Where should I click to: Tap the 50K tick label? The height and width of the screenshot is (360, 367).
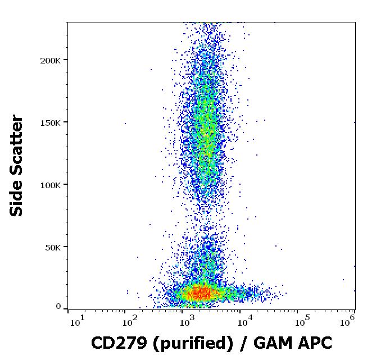click(x=54, y=247)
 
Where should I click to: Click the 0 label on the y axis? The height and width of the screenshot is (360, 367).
click(x=58, y=307)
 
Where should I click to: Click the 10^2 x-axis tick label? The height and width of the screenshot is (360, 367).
click(x=131, y=321)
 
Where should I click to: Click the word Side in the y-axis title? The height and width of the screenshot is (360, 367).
click(x=17, y=200)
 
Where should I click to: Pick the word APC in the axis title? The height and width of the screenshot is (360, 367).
click(x=313, y=342)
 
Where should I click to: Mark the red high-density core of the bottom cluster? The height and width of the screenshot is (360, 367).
click(x=200, y=292)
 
